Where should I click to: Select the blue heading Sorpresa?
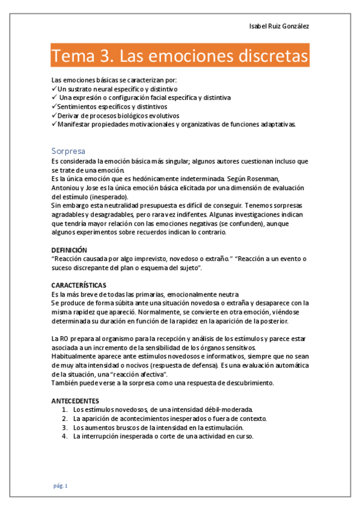click(69, 151)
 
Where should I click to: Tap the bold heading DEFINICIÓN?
click(69, 250)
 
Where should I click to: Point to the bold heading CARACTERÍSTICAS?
click(79, 284)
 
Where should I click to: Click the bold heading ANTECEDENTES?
click(76, 401)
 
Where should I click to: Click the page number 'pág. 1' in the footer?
click(60, 485)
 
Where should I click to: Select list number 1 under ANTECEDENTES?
click(64, 410)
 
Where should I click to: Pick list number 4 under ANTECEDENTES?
click(64, 437)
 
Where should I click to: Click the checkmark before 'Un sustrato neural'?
click(54, 88)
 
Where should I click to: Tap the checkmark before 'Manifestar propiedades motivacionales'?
click(54, 124)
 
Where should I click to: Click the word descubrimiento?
click(244, 383)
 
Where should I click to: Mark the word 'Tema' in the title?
click(70, 57)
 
